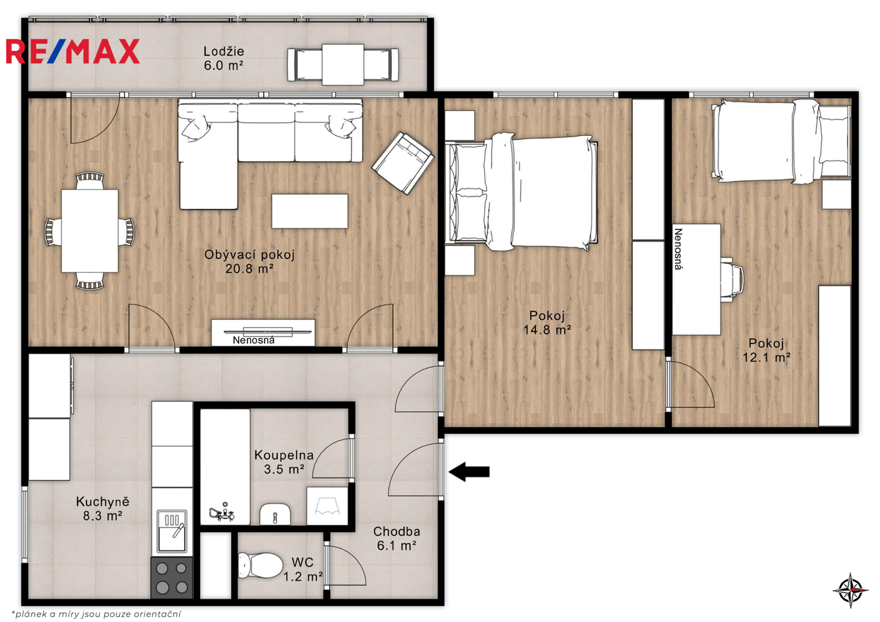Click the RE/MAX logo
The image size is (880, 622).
click(x=73, y=51)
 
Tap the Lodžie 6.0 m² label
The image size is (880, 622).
click(x=224, y=58)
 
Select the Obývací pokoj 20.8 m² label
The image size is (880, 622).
click(x=250, y=261)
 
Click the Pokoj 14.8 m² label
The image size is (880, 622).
click(x=547, y=323)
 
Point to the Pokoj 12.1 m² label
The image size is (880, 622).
click(x=766, y=350)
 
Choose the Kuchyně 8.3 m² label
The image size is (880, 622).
click(x=103, y=509)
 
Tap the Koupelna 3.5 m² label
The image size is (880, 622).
click(x=284, y=462)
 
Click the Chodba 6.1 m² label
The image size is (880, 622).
click(x=396, y=538)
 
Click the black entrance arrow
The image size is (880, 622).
click(x=469, y=471)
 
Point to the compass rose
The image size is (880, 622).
click(x=851, y=590)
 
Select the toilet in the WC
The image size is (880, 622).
click(x=260, y=566)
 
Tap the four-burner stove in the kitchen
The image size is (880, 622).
click(x=172, y=578)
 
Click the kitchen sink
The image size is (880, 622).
click(x=172, y=531)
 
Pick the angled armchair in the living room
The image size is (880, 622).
click(x=403, y=163)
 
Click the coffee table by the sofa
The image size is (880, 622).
click(x=309, y=211)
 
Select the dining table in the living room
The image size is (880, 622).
click(x=90, y=231)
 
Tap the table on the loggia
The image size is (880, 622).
click(x=343, y=65)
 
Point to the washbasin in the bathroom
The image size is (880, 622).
click(x=275, y=514)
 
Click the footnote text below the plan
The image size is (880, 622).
click(x=96, y=614)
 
